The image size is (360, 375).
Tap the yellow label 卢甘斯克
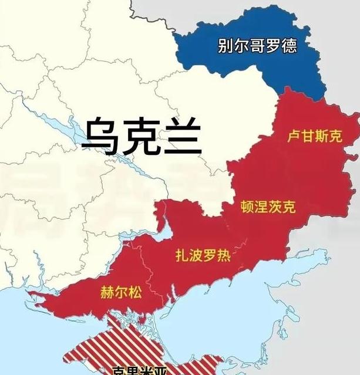314,137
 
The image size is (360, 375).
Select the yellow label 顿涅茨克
268,207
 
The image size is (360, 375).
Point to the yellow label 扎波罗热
203,256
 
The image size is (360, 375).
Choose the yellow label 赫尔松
122,292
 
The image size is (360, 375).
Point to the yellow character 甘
307,137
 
